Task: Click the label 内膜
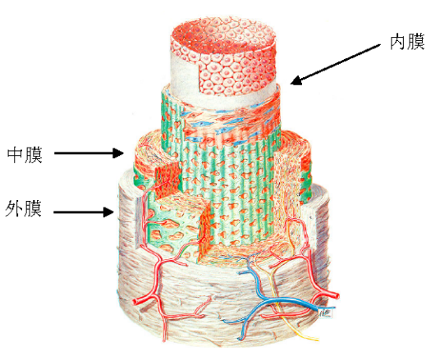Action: [407, 42]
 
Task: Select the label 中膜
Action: [25, 154]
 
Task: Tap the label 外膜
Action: [24, 208]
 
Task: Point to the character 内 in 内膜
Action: [398, 42]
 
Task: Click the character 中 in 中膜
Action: [16, 154]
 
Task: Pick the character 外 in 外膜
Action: [14, 208]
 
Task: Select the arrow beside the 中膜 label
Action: [89, 153]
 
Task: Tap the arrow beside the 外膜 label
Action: [84, 212]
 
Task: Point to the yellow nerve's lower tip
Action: [317, 339]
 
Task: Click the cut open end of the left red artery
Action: [136, 302]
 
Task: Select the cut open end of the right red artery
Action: [336, 296]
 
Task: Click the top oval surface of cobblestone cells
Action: [223, 35]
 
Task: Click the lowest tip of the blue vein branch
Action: [240, 339]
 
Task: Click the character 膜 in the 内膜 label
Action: [416, 42]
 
